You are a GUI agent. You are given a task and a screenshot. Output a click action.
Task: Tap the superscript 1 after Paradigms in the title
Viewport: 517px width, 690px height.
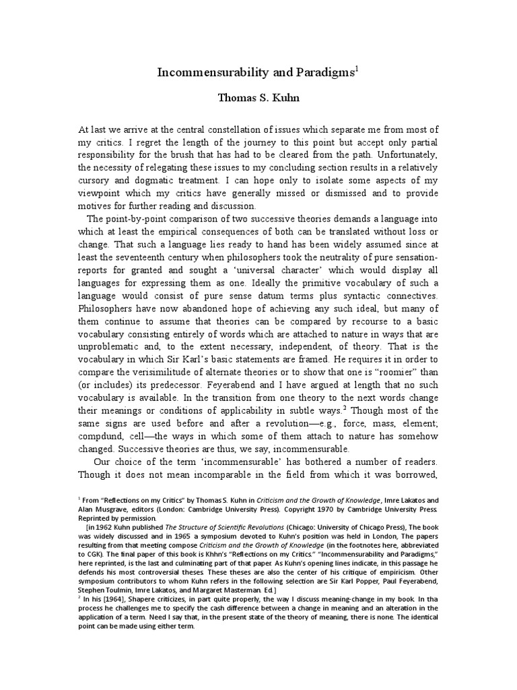(357, 67)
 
